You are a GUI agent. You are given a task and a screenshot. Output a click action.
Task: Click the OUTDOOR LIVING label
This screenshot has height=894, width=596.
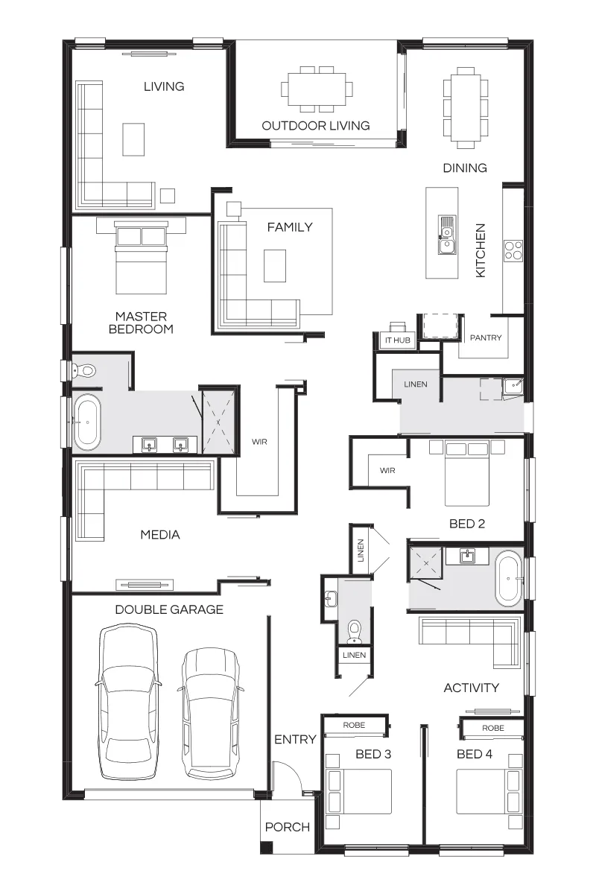(316, 126)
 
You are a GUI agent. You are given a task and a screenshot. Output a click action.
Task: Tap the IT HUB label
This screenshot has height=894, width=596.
(398, 340)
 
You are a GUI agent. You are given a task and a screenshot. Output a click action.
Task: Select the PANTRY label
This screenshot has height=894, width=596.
(486, 338)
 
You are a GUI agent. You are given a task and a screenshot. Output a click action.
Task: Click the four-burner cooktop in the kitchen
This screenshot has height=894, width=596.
(513, 250)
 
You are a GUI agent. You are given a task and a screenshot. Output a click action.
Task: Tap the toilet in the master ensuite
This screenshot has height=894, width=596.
(84, 371)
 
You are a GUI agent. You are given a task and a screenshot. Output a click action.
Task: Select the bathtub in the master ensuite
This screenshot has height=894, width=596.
(87, 422)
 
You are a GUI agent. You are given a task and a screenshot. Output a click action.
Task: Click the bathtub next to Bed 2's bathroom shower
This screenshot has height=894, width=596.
(509, 578)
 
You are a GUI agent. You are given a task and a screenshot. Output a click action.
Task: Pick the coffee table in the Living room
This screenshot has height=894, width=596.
(133, 139)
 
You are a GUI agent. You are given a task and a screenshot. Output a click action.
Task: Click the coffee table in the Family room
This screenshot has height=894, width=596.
(275, 266)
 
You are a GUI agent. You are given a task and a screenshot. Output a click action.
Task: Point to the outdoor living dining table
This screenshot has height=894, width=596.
(317, 89)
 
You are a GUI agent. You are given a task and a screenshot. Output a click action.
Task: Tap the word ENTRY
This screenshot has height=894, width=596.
(296, 740)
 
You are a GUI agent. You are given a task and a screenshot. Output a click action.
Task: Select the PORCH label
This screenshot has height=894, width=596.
(288, 827)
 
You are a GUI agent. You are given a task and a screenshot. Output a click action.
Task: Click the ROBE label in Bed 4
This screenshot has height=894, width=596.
(493, 728)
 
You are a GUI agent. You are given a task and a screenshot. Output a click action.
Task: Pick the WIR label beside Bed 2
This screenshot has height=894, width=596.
(387, 471)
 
